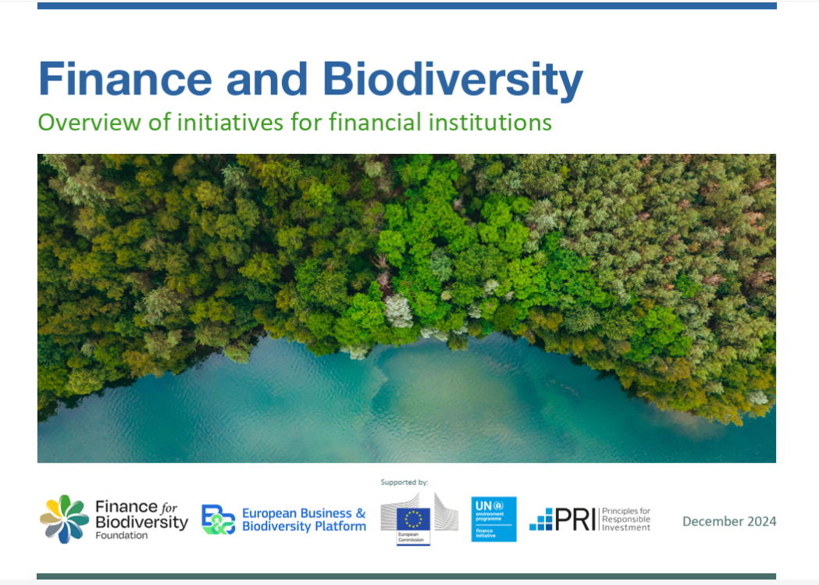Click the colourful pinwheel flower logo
(64, 519)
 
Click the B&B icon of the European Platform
(218, 519)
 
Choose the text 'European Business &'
(304, 513)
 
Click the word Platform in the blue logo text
(340, 526)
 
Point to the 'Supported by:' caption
(404, 483)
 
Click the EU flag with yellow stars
(413, 519)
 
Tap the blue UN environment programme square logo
(493, 519)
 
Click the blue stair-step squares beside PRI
(541, 519)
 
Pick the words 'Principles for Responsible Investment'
(626, 519)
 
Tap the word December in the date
(710, 521)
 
